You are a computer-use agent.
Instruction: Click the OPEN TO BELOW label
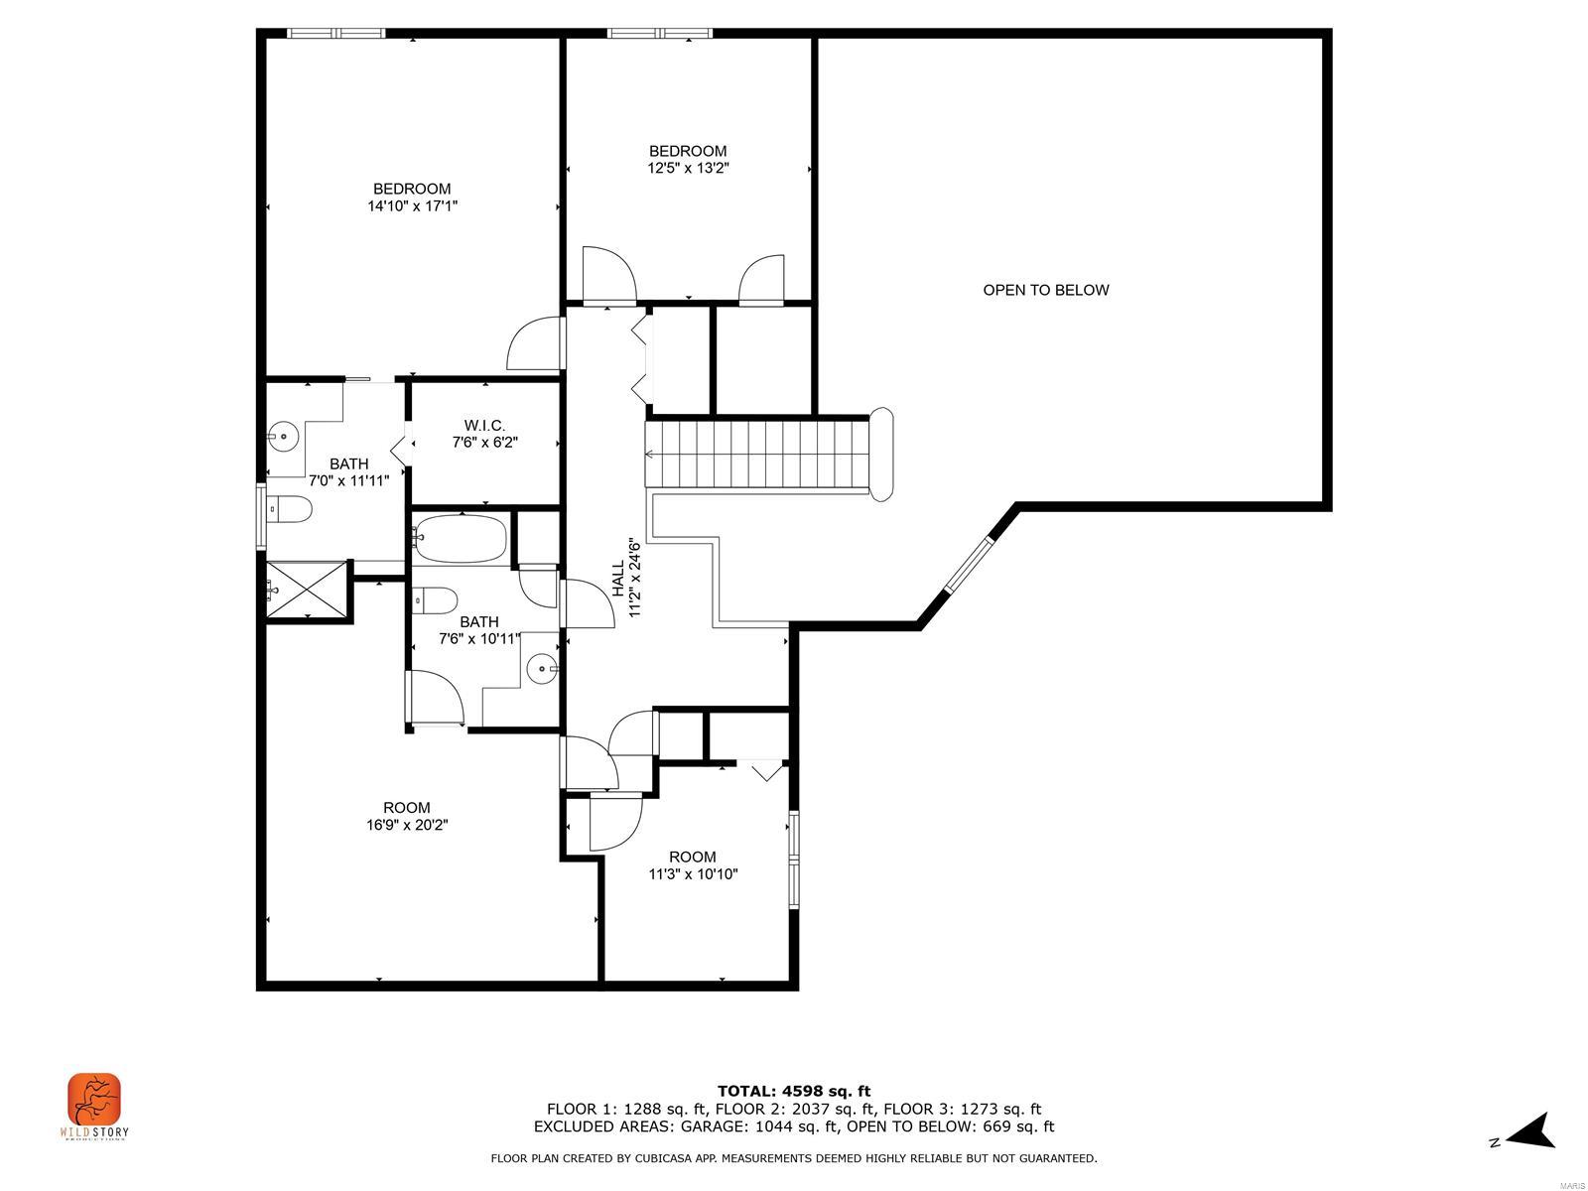pos(1045,290)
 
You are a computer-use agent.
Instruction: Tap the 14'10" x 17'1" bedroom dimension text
pos(412,206)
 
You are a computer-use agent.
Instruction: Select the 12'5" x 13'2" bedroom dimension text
pos(688,169)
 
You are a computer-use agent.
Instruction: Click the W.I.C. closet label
pos(484,425)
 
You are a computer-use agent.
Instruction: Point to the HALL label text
pos(617,579)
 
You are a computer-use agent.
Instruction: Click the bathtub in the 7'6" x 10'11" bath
pos(461,539)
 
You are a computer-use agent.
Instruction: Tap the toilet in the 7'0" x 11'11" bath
pos(289,510)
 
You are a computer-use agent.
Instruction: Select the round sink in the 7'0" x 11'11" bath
pos(283,435)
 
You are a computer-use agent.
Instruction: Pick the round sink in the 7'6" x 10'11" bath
pos(542,669)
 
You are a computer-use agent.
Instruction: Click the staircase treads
pos(759,454)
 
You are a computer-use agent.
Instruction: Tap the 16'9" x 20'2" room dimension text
pos(407,824)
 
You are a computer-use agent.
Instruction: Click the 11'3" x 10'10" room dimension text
pos(693,874)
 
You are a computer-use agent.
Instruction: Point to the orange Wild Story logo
pos(94,1100)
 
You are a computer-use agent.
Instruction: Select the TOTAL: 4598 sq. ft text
pos(793,1091)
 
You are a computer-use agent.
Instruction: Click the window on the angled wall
pos(969,566)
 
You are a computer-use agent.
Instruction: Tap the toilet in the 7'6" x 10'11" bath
pos(436,599)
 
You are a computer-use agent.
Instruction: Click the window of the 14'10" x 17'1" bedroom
pos(335,33)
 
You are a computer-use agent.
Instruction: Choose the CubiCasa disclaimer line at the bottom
pos(793,1158)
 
